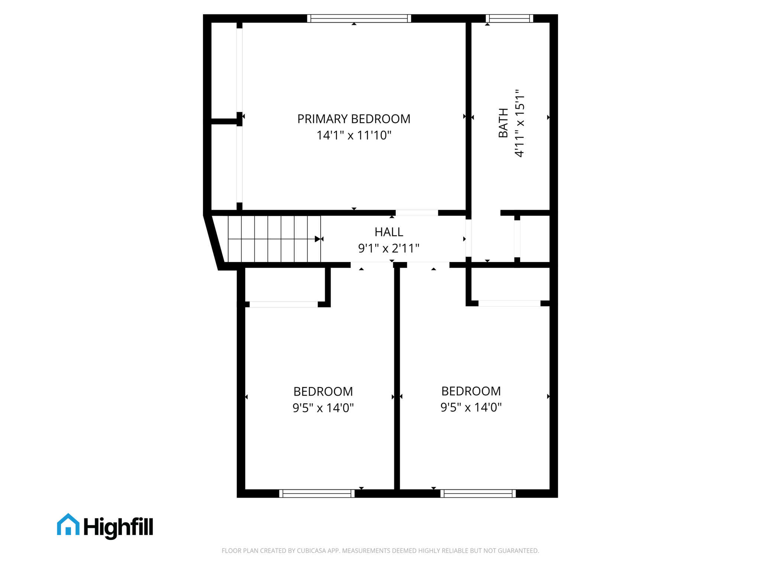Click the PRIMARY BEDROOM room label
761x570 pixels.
pos(354,119)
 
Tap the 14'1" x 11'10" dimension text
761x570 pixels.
pos(354,135)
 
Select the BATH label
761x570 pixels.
pos(503,123)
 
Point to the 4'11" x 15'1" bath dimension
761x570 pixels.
pos(519,123)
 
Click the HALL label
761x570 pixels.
pos(389,232)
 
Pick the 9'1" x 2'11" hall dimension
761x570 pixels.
pos(389,248)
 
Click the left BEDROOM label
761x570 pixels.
pos(323,392)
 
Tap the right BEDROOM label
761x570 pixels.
pos(471,391)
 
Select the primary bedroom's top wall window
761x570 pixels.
pos(359,19)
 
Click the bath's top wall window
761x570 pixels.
pos(509,19)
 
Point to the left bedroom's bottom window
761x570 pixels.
pos(317,493)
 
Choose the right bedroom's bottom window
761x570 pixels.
pos(478,493)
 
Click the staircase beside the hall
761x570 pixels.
pos(274,239)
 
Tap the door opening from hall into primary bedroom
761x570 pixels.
pos(417,213)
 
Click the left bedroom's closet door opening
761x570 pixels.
pos(284,304)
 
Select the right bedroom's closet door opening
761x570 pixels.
pos(509,304)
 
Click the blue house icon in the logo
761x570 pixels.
pos(68,525)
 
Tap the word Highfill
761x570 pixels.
pos(118,527)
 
